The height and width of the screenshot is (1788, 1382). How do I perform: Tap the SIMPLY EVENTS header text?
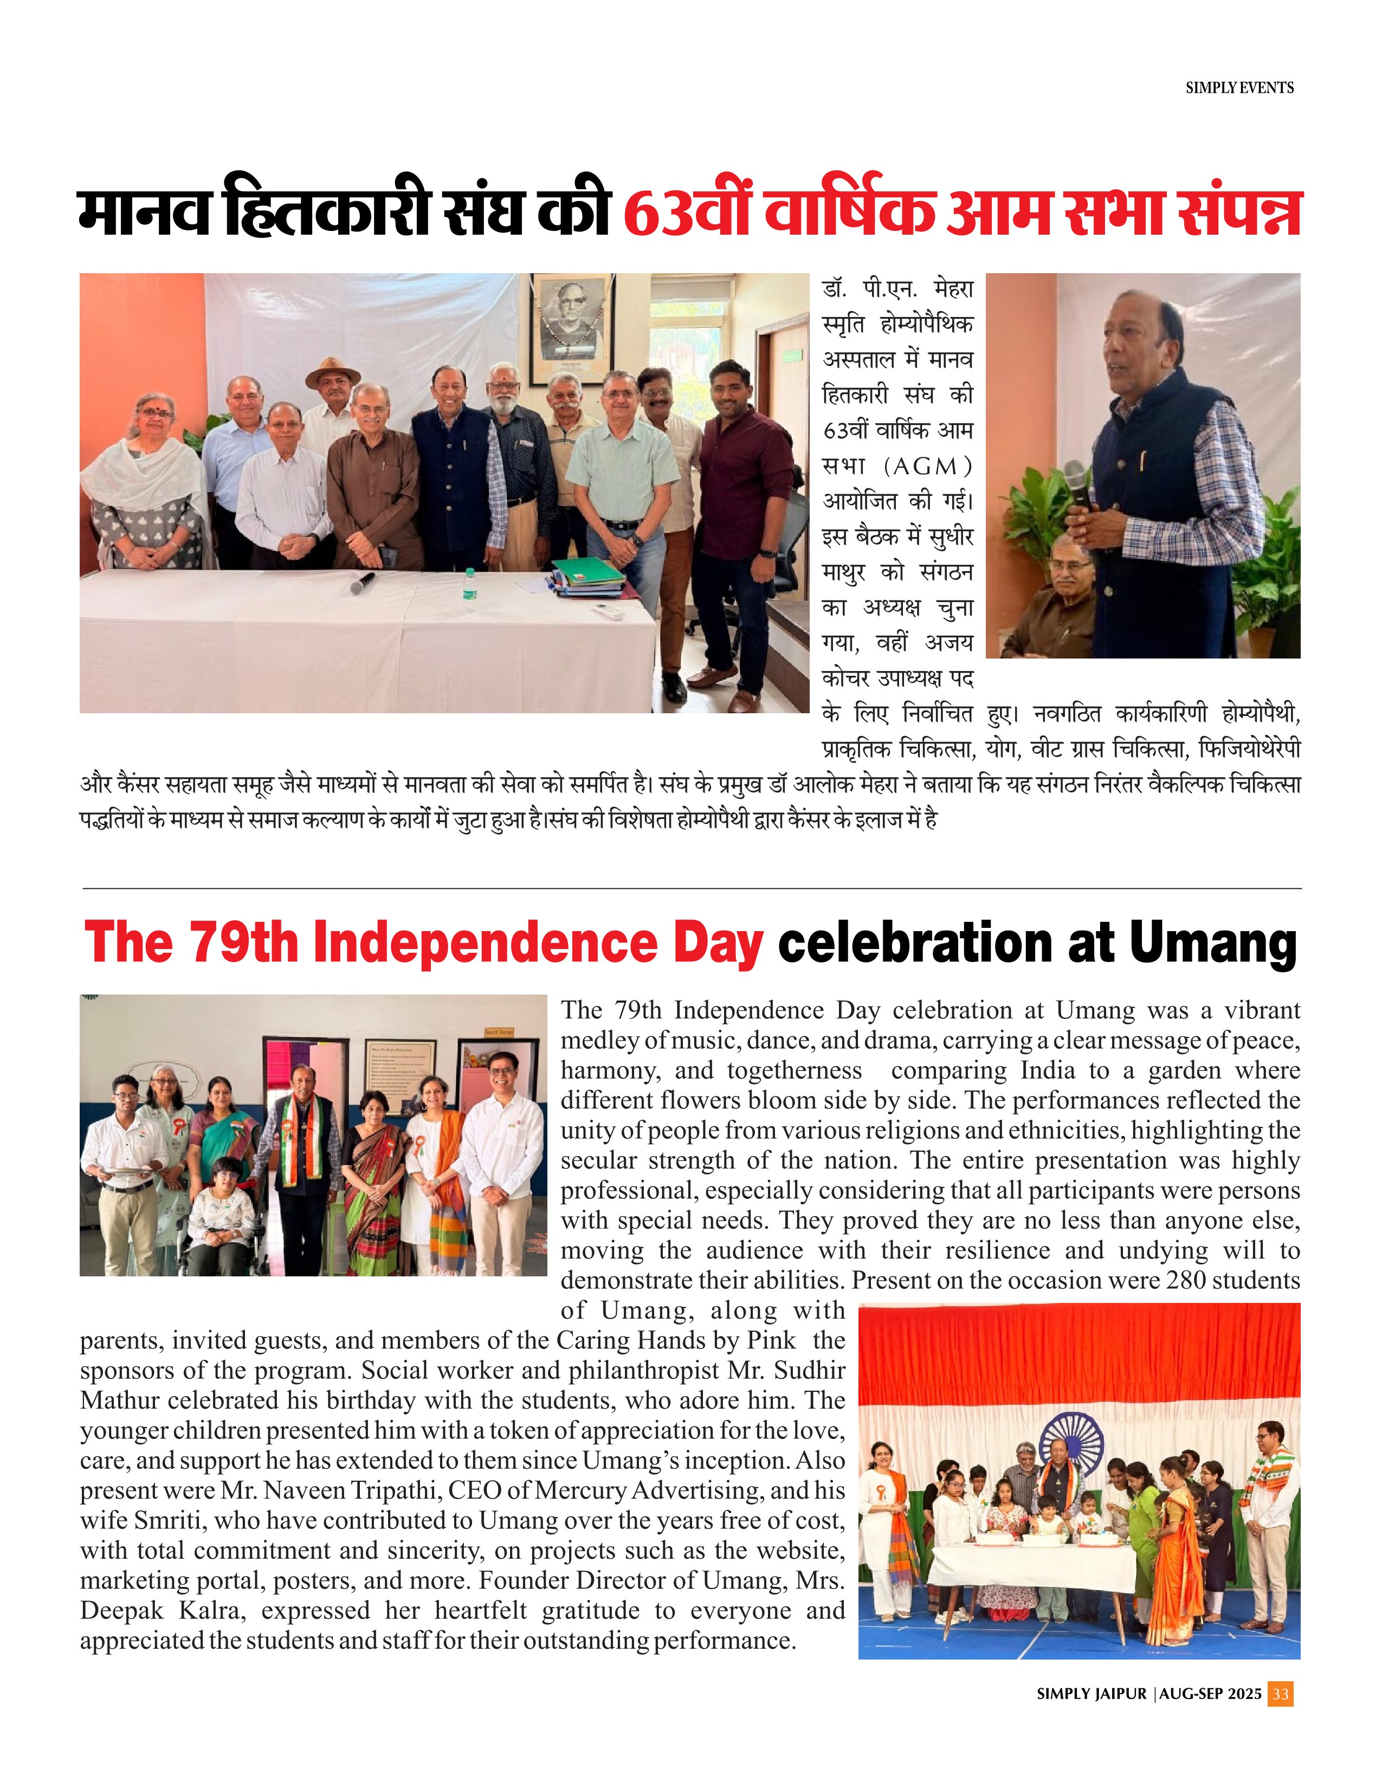pyautogui.click(x=1239, y=88)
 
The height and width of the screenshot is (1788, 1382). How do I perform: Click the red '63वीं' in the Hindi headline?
pyautogui.click(x=689, y=215)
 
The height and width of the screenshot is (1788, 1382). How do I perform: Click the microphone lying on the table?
pyautogui.click(x=363, y=582)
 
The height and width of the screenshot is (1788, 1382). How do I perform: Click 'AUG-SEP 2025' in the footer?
pyautogui.click(x=1210, y=1694)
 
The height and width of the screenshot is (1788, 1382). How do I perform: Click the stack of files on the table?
pyautogui.click(x=588, y=576)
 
